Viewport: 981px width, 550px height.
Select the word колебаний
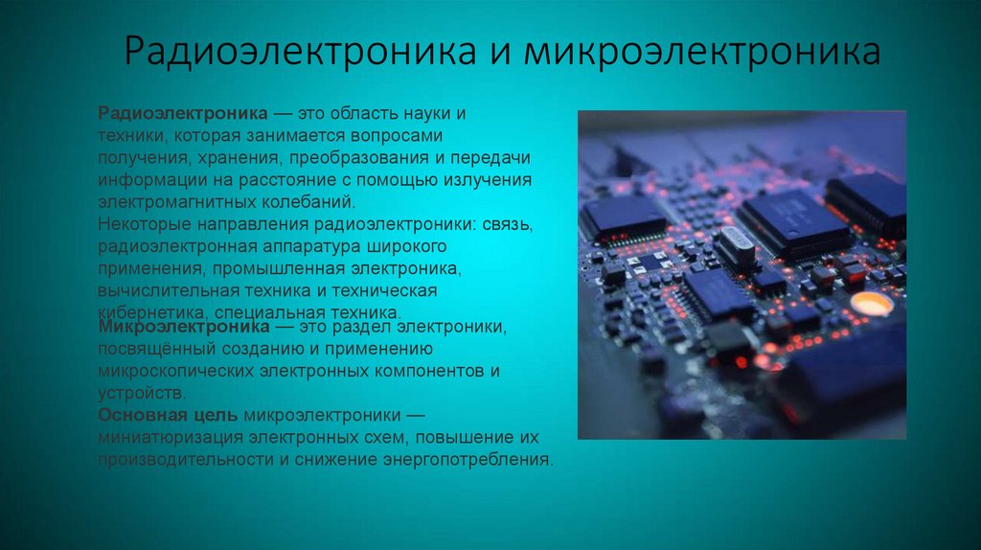(x=309, y=202)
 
